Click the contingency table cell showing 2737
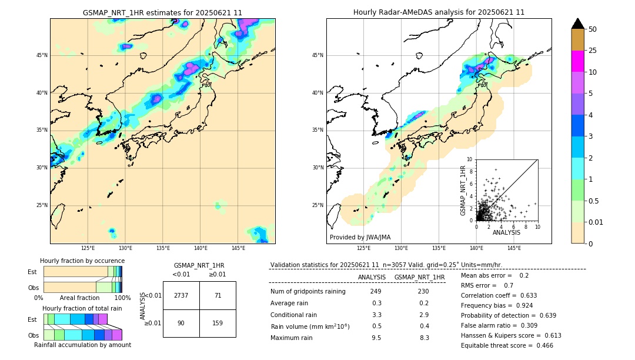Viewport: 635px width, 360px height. point(181,295)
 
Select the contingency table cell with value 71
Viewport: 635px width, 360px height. point(218,295)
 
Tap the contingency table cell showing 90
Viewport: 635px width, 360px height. point(181,322)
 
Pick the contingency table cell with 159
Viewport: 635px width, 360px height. point(218,322)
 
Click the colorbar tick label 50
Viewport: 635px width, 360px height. point(593,29)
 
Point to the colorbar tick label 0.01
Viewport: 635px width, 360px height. point(596,222)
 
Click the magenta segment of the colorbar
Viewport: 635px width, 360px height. point(578,61)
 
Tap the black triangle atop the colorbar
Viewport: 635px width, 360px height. point(578,24)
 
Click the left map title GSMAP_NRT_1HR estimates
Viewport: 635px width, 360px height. point(162,12)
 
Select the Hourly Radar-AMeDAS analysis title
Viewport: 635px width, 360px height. point(439,12)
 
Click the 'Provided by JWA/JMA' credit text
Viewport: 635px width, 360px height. point(360,238)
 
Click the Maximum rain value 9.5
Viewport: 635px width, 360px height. point(376,338)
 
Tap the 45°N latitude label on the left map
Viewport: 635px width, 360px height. point(42,55)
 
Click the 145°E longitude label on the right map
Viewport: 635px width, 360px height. point(514,248)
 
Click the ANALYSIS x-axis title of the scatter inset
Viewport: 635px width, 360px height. point(506,232)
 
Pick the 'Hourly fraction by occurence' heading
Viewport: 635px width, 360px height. point(82,261)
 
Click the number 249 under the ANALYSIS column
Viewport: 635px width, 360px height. point(376,292)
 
